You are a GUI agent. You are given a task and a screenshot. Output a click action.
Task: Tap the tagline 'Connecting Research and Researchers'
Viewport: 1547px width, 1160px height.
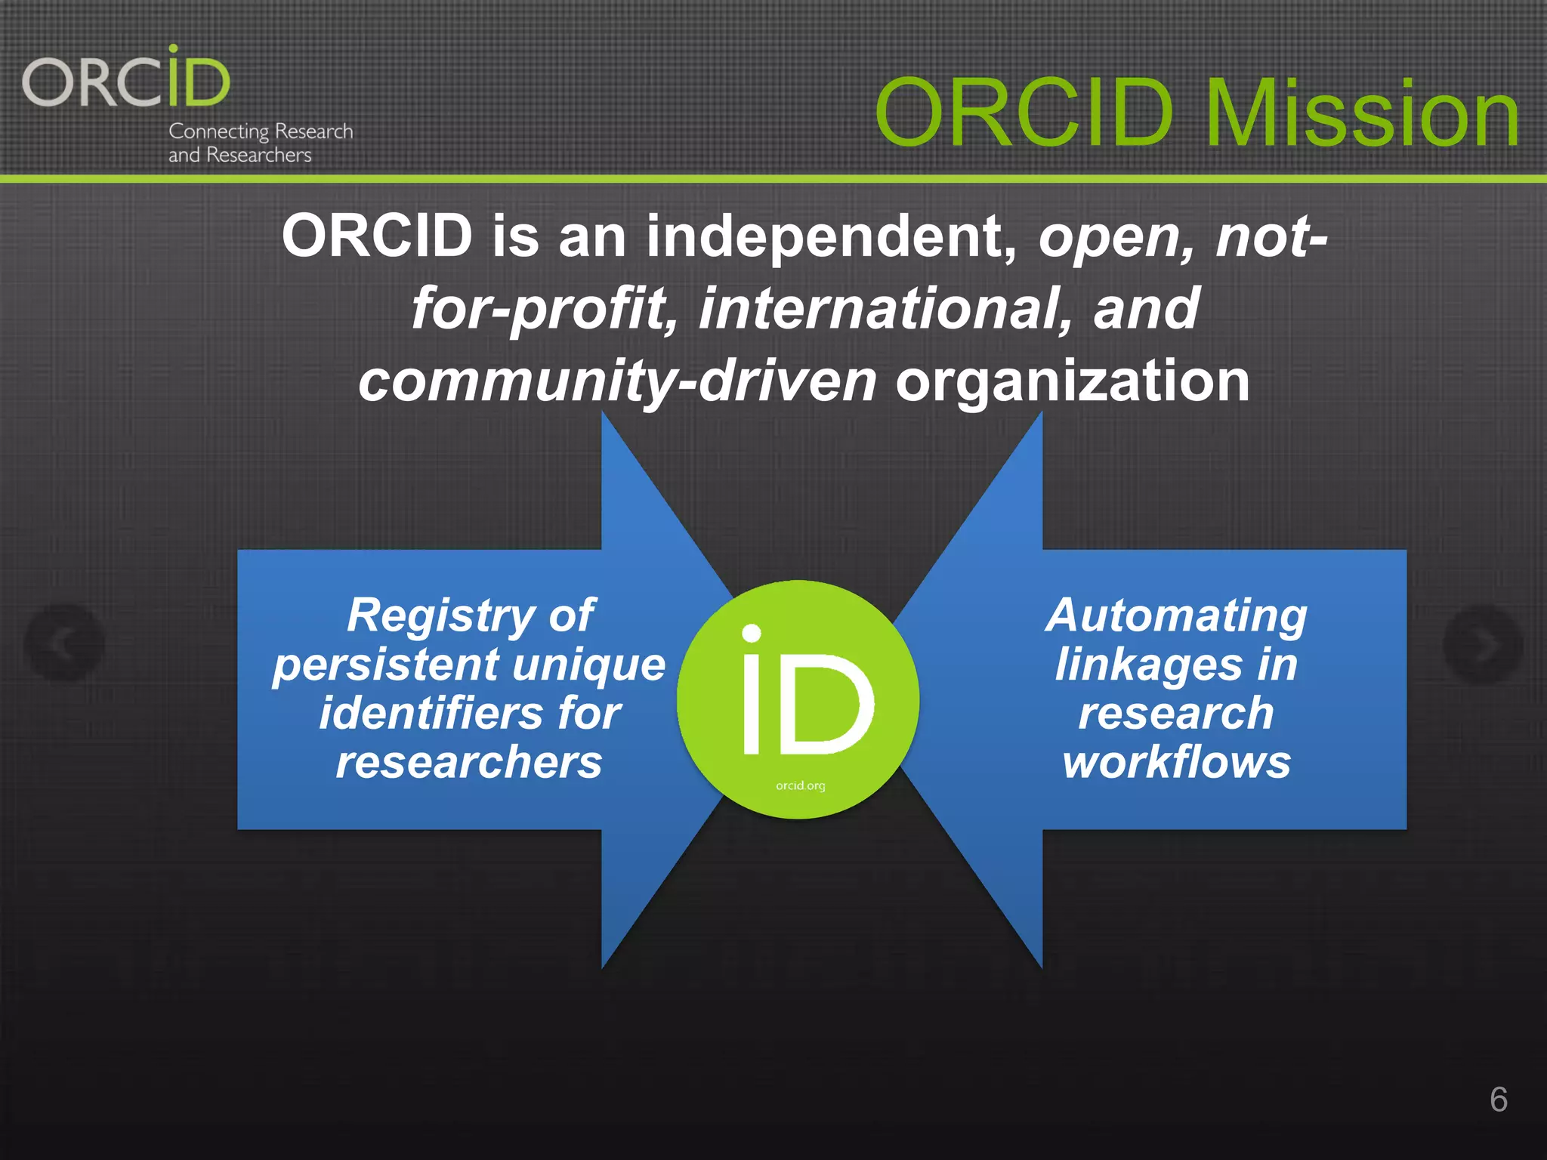pos(260,143)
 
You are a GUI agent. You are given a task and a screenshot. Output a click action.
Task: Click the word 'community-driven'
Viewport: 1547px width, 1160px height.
pos(617,381)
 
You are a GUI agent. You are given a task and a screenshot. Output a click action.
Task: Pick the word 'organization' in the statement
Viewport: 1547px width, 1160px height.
pos(1073,381)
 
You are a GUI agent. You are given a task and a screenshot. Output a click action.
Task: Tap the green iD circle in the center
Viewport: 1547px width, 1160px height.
pos(798,699)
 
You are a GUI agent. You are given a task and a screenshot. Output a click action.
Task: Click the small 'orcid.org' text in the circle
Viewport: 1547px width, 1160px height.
pos(800,785)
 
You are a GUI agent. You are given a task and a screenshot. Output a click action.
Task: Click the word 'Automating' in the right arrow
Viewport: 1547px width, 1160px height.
pos(1176,615)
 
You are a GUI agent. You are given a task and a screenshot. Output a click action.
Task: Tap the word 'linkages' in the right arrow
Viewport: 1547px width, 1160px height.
pos(1148,665)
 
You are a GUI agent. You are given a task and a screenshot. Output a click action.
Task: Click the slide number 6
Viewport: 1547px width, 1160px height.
pos(1499,1100)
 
